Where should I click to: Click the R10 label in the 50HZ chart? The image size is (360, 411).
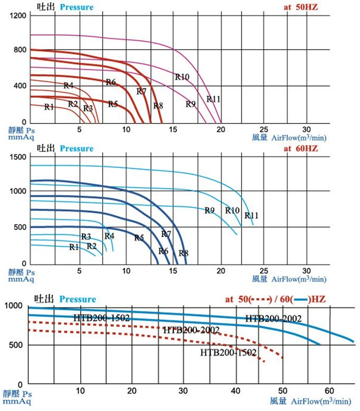(x=182, y=77)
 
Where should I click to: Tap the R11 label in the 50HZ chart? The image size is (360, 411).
(x=213, y=99)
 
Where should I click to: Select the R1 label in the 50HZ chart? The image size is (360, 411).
(x=49, y=107)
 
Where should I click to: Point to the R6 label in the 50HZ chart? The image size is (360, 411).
(x=111, y=82)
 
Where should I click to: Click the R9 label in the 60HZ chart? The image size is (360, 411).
(x=210, y=211)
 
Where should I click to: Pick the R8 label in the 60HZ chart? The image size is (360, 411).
(x=184, y=253)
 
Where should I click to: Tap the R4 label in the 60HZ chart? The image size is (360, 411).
(x=109, y=236)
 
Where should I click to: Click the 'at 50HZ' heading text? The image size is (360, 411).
(x=301, y=7)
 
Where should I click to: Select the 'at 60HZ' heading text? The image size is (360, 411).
(x=301, y=148)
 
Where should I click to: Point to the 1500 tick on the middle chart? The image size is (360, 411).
(x=17, y=157)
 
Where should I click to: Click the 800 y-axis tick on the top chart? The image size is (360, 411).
(x=20, y=50)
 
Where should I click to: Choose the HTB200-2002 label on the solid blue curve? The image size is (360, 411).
(x=273, y=318)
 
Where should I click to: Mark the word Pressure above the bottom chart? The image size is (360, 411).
(x=78, y=299)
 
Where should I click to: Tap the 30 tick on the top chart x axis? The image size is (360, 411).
(x=307, y=130)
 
